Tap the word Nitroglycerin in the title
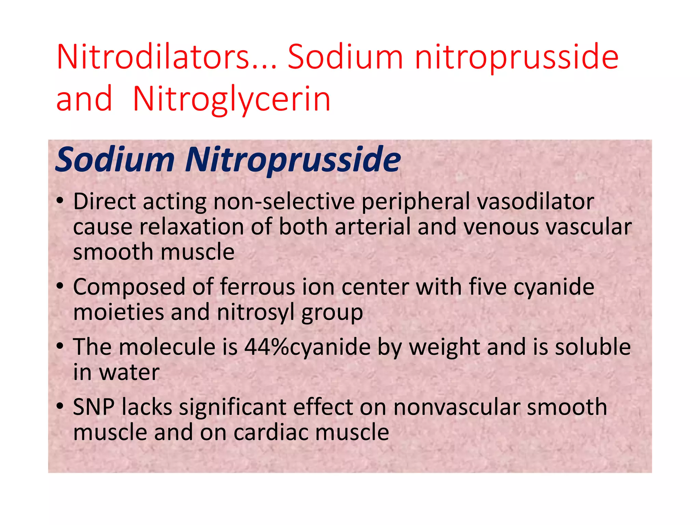(232, 99)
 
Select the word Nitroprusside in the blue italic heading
(293, 160)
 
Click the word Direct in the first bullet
(105, 201)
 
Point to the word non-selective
(284, 201)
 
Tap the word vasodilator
(536, 201)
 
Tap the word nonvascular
(456, 407)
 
